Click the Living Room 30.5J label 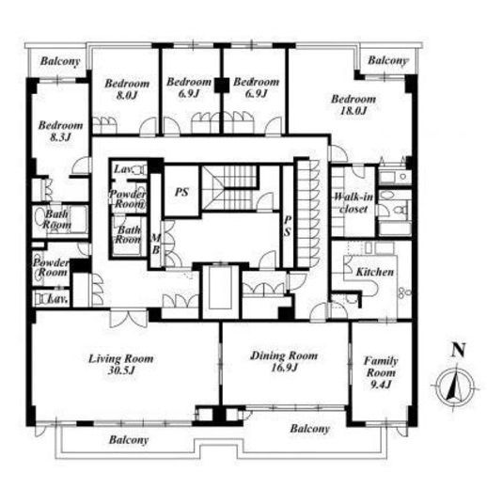point(121,364)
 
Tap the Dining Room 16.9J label point(284,361)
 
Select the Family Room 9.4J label point(381,372)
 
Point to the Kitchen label point(375,272)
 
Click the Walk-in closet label point(353,203)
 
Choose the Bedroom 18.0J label point(353,104)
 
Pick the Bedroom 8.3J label point(60,131)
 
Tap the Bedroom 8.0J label point(127,89)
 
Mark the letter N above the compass point(458,350)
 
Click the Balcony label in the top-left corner point(60,61)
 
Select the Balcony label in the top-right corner point(387,60)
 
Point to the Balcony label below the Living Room point(129,440)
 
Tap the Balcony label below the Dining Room point(309,429)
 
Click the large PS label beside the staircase point(181,192)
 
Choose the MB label point(156,244)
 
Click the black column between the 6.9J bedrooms point(222,86)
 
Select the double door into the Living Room point(128,319)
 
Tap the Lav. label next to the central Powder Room point(122,169)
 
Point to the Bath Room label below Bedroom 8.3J point(57,219)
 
